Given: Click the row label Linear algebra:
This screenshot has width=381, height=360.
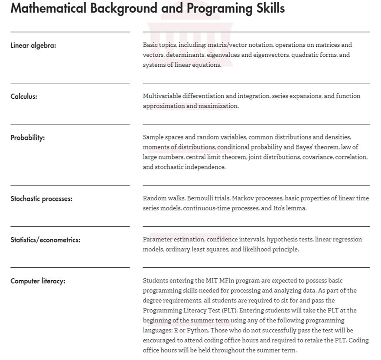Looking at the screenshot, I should pyautogui.click(x=33, y=45).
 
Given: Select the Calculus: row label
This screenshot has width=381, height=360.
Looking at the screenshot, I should pyautogui.click(x=23, y=96).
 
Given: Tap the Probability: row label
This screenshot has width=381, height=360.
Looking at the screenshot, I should pyautogui.click(x=27, y=137).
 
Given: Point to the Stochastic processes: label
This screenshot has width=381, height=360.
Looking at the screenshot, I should pyautogui.click(x=41, y=199).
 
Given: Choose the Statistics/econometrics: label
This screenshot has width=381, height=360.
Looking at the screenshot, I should pyautogui.click(x=45, y=240).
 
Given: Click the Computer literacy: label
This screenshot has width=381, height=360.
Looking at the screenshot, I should pyautogui.click(x=38, y=281).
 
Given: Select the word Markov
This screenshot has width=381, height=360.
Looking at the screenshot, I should pyautogui.click(x=243, y=198).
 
